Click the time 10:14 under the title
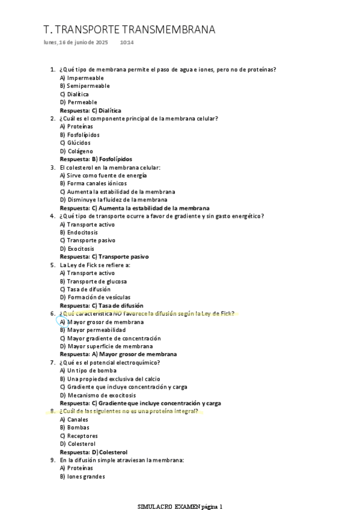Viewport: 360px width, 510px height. click(127, 43)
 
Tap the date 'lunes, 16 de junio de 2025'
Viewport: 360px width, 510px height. click(76, 43)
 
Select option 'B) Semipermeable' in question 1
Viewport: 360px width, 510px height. click(84, 86)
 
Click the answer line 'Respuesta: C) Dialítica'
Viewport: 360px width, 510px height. click(90, 111)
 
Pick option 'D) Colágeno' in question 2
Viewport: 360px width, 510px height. click(76, 151)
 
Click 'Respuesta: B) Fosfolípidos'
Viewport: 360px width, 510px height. click(96, 159)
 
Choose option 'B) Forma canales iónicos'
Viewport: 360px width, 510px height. click(93, 183)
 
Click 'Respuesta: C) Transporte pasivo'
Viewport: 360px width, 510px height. click(104, 257)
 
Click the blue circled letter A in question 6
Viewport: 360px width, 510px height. click(62, 322)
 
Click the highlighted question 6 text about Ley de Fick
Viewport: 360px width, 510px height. click(147, 313)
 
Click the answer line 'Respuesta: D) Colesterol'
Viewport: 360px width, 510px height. click(93, 452)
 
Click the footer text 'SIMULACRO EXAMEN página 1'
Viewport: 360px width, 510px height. click(180, 506)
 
